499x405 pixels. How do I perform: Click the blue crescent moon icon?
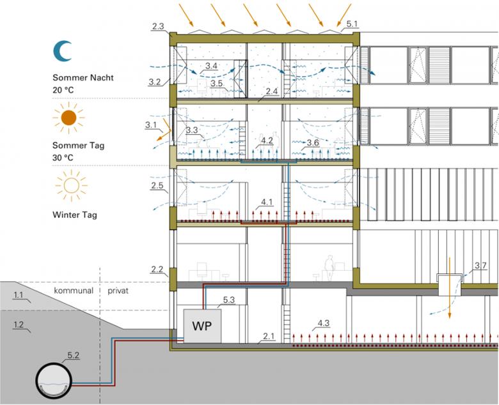click(63, 51)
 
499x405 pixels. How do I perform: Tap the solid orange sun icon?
click(69, 117)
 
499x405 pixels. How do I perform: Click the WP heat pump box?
click(202, 326)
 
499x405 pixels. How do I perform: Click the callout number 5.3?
click(230, 299)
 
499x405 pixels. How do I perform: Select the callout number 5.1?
click(352, 24)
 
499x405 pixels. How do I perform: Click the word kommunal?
click(74, 290)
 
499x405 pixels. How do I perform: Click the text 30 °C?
click(63, 157)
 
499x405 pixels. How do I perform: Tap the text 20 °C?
click(63, 90)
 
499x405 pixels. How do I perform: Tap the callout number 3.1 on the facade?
click(152, 125)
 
